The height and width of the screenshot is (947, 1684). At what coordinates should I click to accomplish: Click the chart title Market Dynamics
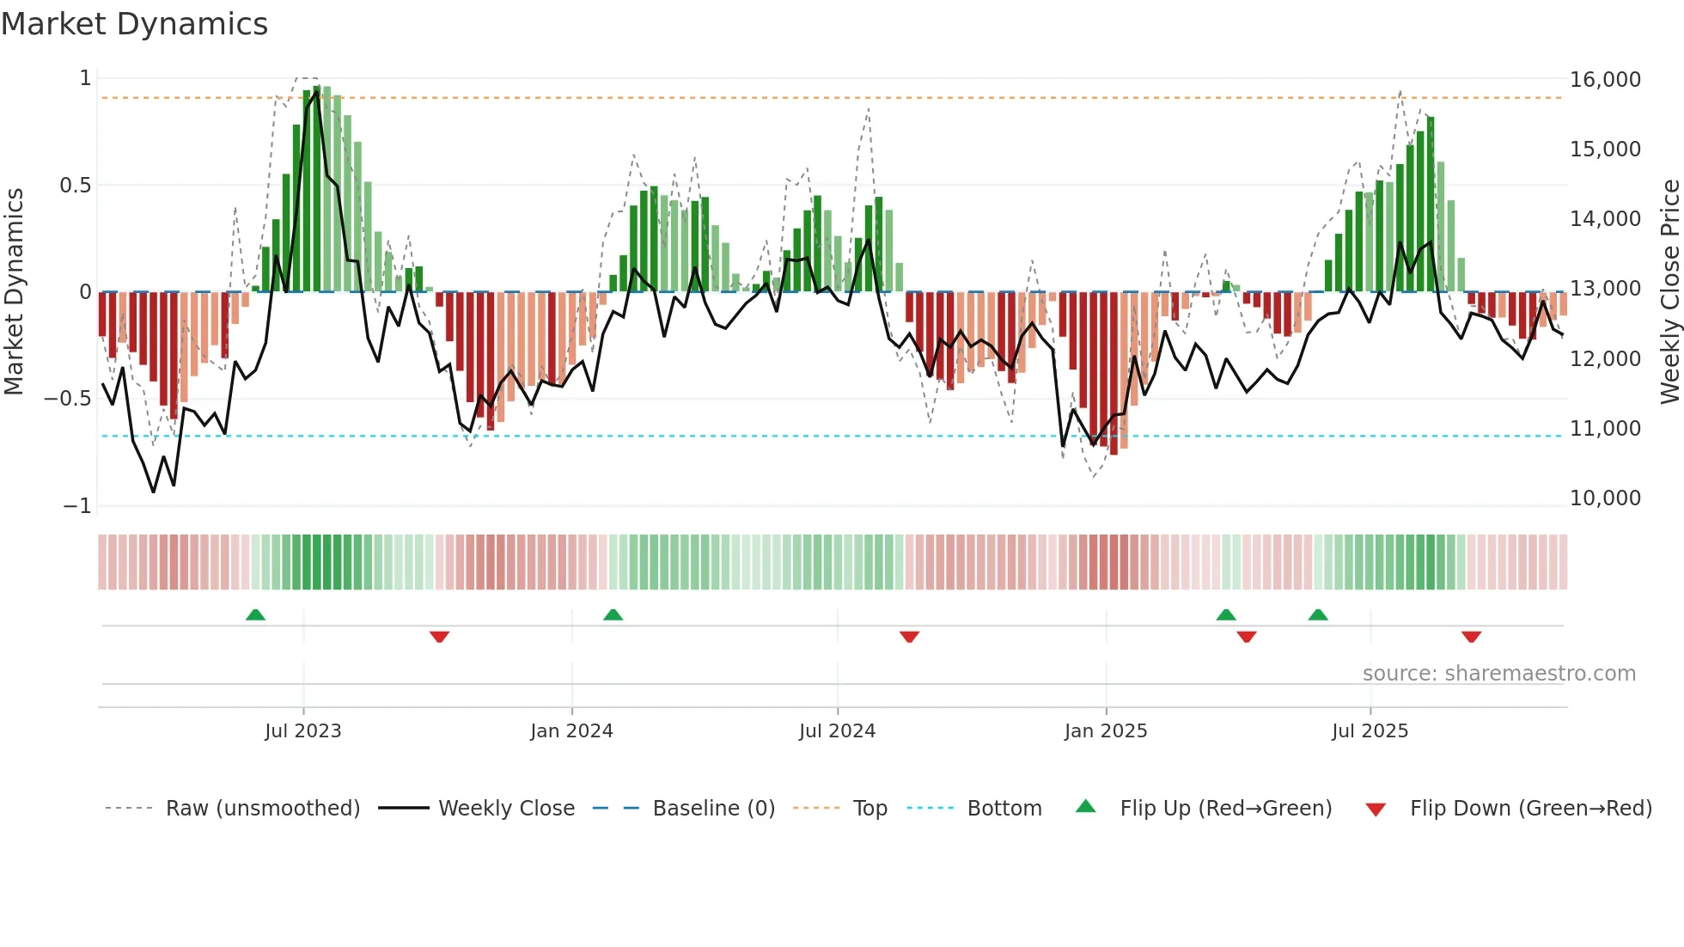pos(135,24)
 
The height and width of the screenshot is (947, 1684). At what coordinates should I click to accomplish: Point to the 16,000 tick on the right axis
pos(1605,80)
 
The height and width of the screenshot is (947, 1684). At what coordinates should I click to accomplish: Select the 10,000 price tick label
pos(1605,498)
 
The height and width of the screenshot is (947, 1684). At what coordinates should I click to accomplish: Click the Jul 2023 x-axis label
pos(302,731)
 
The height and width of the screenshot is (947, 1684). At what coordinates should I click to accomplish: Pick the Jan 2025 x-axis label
pos(1105,731)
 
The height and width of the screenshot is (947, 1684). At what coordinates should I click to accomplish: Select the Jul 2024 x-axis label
pos(837,731)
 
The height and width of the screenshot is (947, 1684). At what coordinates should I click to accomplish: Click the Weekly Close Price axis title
pos(1669,292)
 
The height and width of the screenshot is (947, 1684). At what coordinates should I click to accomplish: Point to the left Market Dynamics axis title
pos(14,292)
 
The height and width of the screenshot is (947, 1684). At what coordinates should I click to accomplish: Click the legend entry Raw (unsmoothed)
pos(262,809)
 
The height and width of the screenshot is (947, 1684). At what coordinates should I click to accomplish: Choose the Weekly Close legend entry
pos(506,809)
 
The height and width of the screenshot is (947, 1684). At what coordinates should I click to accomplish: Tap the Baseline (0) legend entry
pos(713,809)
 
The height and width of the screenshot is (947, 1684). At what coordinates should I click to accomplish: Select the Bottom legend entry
pos(1004,809)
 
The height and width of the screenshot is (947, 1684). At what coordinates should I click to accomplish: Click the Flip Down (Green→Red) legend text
pos(1530,809)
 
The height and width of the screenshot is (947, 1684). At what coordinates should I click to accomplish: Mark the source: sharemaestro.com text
pos(1498,674)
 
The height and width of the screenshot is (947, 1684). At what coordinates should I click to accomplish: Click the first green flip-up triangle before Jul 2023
pos(255,614)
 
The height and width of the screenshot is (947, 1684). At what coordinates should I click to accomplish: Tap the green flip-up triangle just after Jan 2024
pos(613,614)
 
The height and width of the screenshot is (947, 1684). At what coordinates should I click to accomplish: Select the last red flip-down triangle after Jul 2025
pos(1471,637)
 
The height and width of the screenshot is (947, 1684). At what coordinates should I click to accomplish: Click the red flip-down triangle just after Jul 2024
pos(909,637)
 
